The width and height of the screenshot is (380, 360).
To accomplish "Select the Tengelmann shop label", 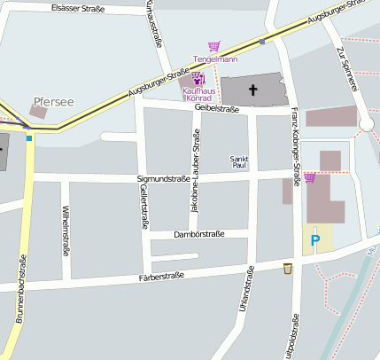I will pyautogui.click(x=215, y=59).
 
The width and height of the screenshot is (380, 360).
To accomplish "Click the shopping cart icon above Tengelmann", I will pyautogui.click(x=213, y=46).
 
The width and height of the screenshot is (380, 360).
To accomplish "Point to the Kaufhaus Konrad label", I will pyautogui.click(x=201, y=93).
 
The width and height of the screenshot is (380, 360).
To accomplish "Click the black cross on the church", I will pyautogui.click(x=254, y=90).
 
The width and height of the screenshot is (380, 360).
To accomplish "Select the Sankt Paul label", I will pyautogui.click(x=239, y=162).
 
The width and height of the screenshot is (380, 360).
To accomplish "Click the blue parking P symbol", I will pyautogui.click(x=314, y=239).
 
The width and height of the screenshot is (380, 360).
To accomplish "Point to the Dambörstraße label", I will pyautogui.click(x=199, y=234).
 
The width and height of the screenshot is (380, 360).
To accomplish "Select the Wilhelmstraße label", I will pyautogui.click(x=66, y=231).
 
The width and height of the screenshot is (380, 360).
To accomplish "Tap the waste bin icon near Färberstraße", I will pyautogui.click(x=287, y=269).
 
